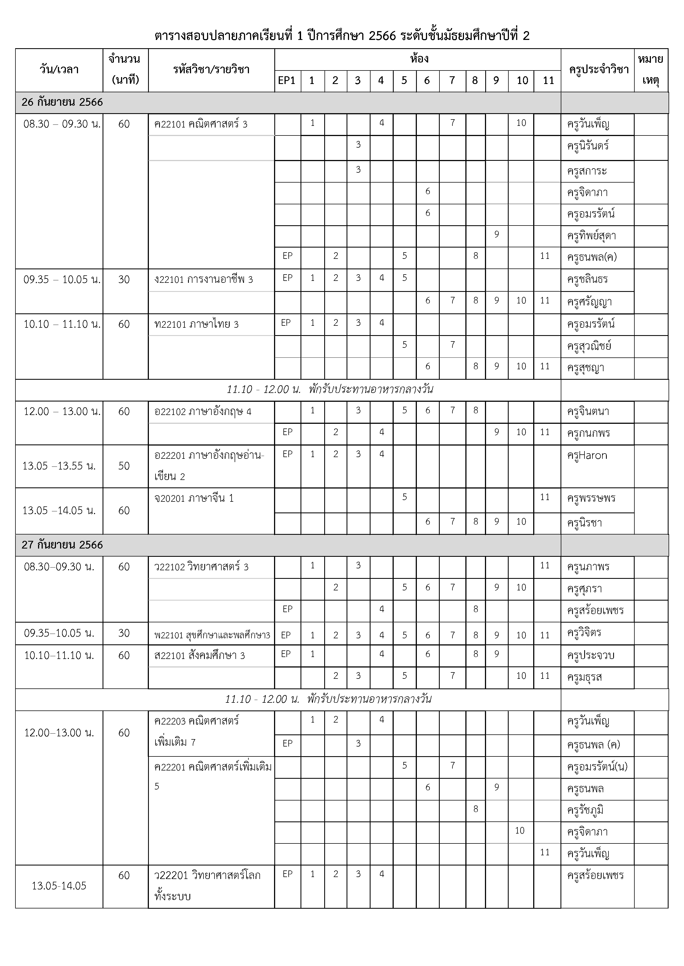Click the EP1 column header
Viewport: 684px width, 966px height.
tap(287, 81)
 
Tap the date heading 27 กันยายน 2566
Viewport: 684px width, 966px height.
tap(62, 545)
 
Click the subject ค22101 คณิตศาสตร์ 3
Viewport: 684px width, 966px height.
tap(201, 124)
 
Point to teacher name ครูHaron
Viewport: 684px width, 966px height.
tap(587, 456)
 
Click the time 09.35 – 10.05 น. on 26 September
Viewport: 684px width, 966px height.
tap(62, 280)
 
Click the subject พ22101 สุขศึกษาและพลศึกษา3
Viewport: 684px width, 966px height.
tap(212, 635)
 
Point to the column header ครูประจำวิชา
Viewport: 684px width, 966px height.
tap(598, 70)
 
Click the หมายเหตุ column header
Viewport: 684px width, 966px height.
tap(651, 70)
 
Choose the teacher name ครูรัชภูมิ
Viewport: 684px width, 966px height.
tap(586, 810)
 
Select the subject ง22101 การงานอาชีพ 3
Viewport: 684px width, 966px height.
tap(203, 280)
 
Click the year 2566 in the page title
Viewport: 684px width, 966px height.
tap(382, 36)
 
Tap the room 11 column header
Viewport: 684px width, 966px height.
tap(548, 81)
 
